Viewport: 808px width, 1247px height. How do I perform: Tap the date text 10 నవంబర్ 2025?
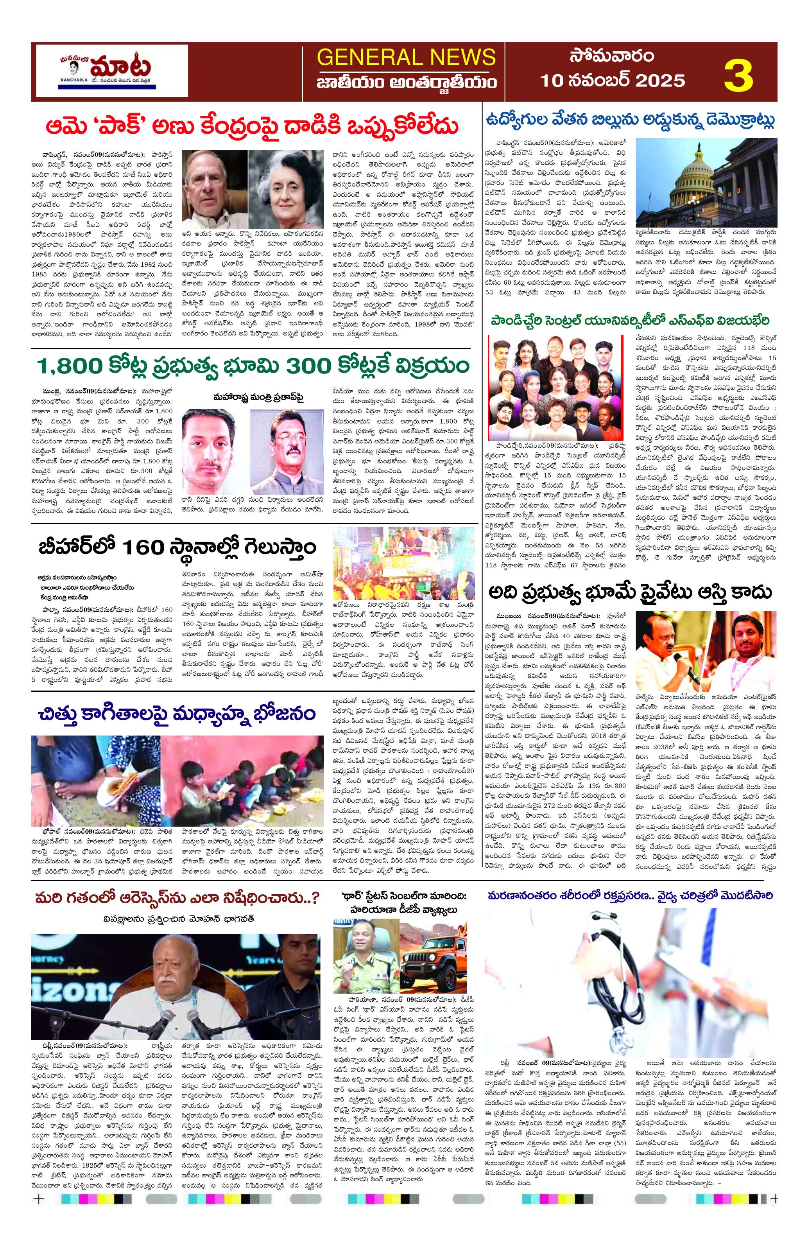pyautogui.click(x=612, y=80)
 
